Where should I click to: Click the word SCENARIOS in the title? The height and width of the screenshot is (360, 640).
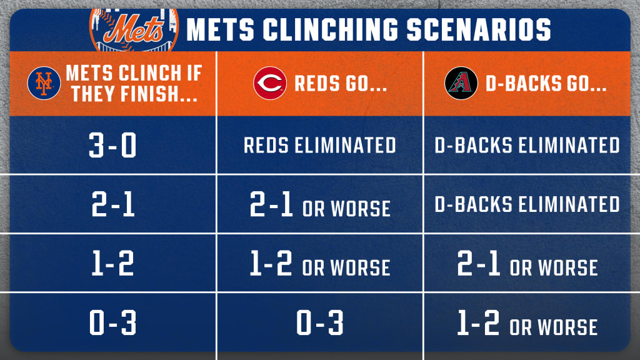[x=479, y=29]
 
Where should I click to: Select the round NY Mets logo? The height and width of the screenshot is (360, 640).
[x=44, y=83]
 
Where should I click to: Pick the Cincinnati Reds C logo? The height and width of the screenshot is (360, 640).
[x=270, y=83]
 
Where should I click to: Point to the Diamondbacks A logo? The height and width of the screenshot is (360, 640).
[x=461, y=83]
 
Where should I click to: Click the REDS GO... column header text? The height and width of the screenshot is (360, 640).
[x=341, y=84]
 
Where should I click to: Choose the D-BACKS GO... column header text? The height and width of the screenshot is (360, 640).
[x=546, y=84]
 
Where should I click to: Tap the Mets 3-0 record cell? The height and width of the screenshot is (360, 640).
[x=112, y=145]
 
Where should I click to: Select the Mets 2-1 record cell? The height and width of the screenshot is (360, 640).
[x=112, y=204]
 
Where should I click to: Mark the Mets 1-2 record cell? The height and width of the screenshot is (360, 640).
[x=112, y=263]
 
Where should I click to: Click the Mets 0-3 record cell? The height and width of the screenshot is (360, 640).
[x=112, y=322]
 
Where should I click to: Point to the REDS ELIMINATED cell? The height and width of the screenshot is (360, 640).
[x=319, y=145]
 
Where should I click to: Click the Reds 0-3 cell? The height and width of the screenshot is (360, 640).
[x=319, y=322]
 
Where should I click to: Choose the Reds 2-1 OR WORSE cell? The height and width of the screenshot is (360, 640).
[x=320, y=204]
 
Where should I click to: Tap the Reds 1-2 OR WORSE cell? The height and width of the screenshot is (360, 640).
[x=320, y=263]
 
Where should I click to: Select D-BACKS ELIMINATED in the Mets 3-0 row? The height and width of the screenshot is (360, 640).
[x=527, y=145]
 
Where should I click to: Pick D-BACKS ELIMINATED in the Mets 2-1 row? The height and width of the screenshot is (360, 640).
[x=527, y=204]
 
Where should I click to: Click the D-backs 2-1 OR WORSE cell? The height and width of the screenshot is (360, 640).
[x=527, y=263]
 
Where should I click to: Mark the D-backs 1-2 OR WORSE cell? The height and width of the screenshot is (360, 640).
[x=527, y=323]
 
